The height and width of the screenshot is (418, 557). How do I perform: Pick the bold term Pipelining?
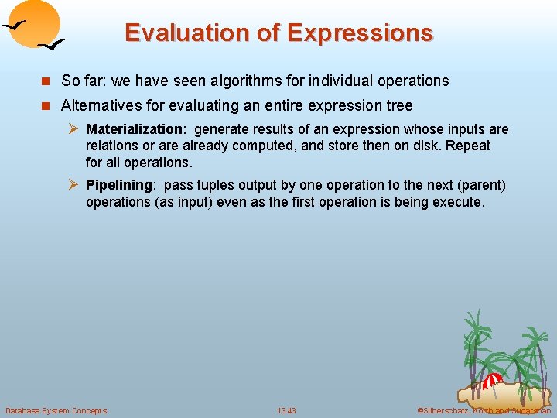tap(120, 185)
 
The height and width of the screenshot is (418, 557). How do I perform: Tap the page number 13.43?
tap(286, 410)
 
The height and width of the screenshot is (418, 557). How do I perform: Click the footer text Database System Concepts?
tap(56, 410)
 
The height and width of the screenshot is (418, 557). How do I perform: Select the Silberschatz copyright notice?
tap(484, 410)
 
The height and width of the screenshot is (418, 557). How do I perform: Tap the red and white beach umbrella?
tap(492, 380)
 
